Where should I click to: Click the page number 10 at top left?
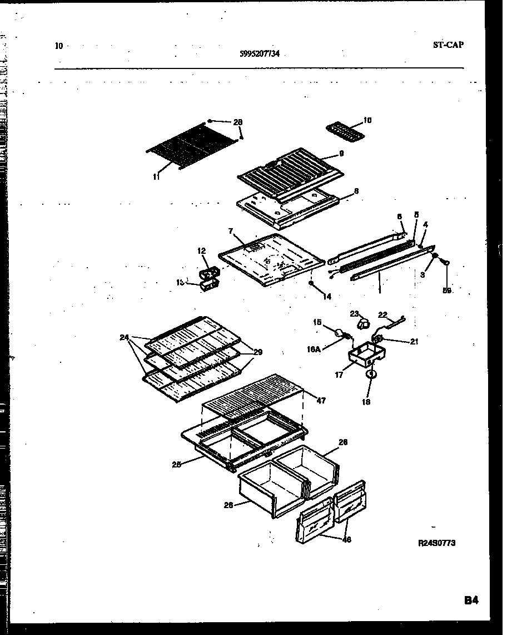pos(59,46)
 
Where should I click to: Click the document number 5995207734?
pos(260,53)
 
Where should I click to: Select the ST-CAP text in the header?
pos(448,45)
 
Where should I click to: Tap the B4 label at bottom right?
pos(471,600)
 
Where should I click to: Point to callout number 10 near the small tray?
pos(367,120)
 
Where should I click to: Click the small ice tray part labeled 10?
pos(344,132)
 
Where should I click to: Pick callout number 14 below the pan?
pos(326,297)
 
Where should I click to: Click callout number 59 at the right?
pos(448,290)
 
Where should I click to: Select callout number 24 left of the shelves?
pos(123,337)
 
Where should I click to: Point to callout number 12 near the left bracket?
pos(201,252)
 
